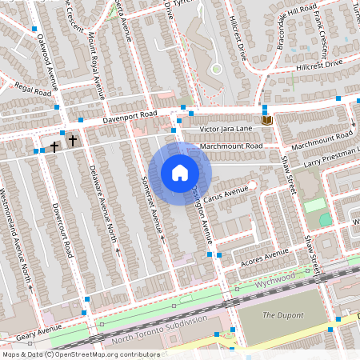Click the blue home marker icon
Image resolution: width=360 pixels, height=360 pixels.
[x=180, y=172]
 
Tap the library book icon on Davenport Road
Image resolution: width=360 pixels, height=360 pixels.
[x=267, y=120]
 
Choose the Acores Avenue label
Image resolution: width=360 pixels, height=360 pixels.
[x=263, y=256]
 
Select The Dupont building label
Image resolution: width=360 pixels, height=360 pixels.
[x=279, y=315]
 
